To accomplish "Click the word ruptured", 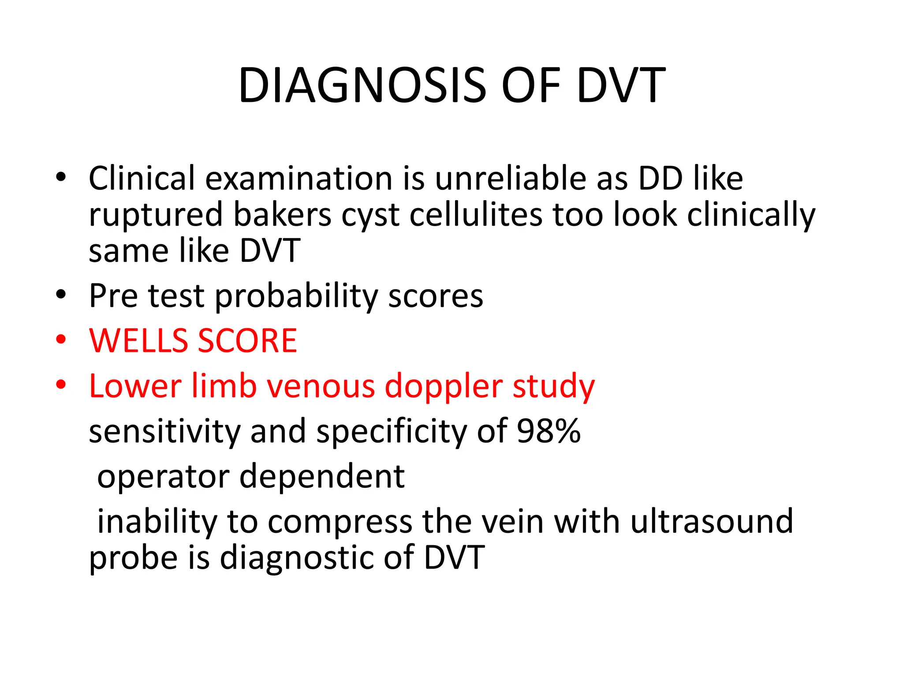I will tap(156, 215).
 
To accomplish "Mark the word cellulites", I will tap(476, 215).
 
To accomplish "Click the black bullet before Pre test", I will tap(61, 294).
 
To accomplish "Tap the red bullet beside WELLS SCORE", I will tap(61, 339).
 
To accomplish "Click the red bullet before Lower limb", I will tap(61, 384).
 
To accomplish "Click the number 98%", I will tap(549, 431).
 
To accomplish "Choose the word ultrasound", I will tap(712, 521).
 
